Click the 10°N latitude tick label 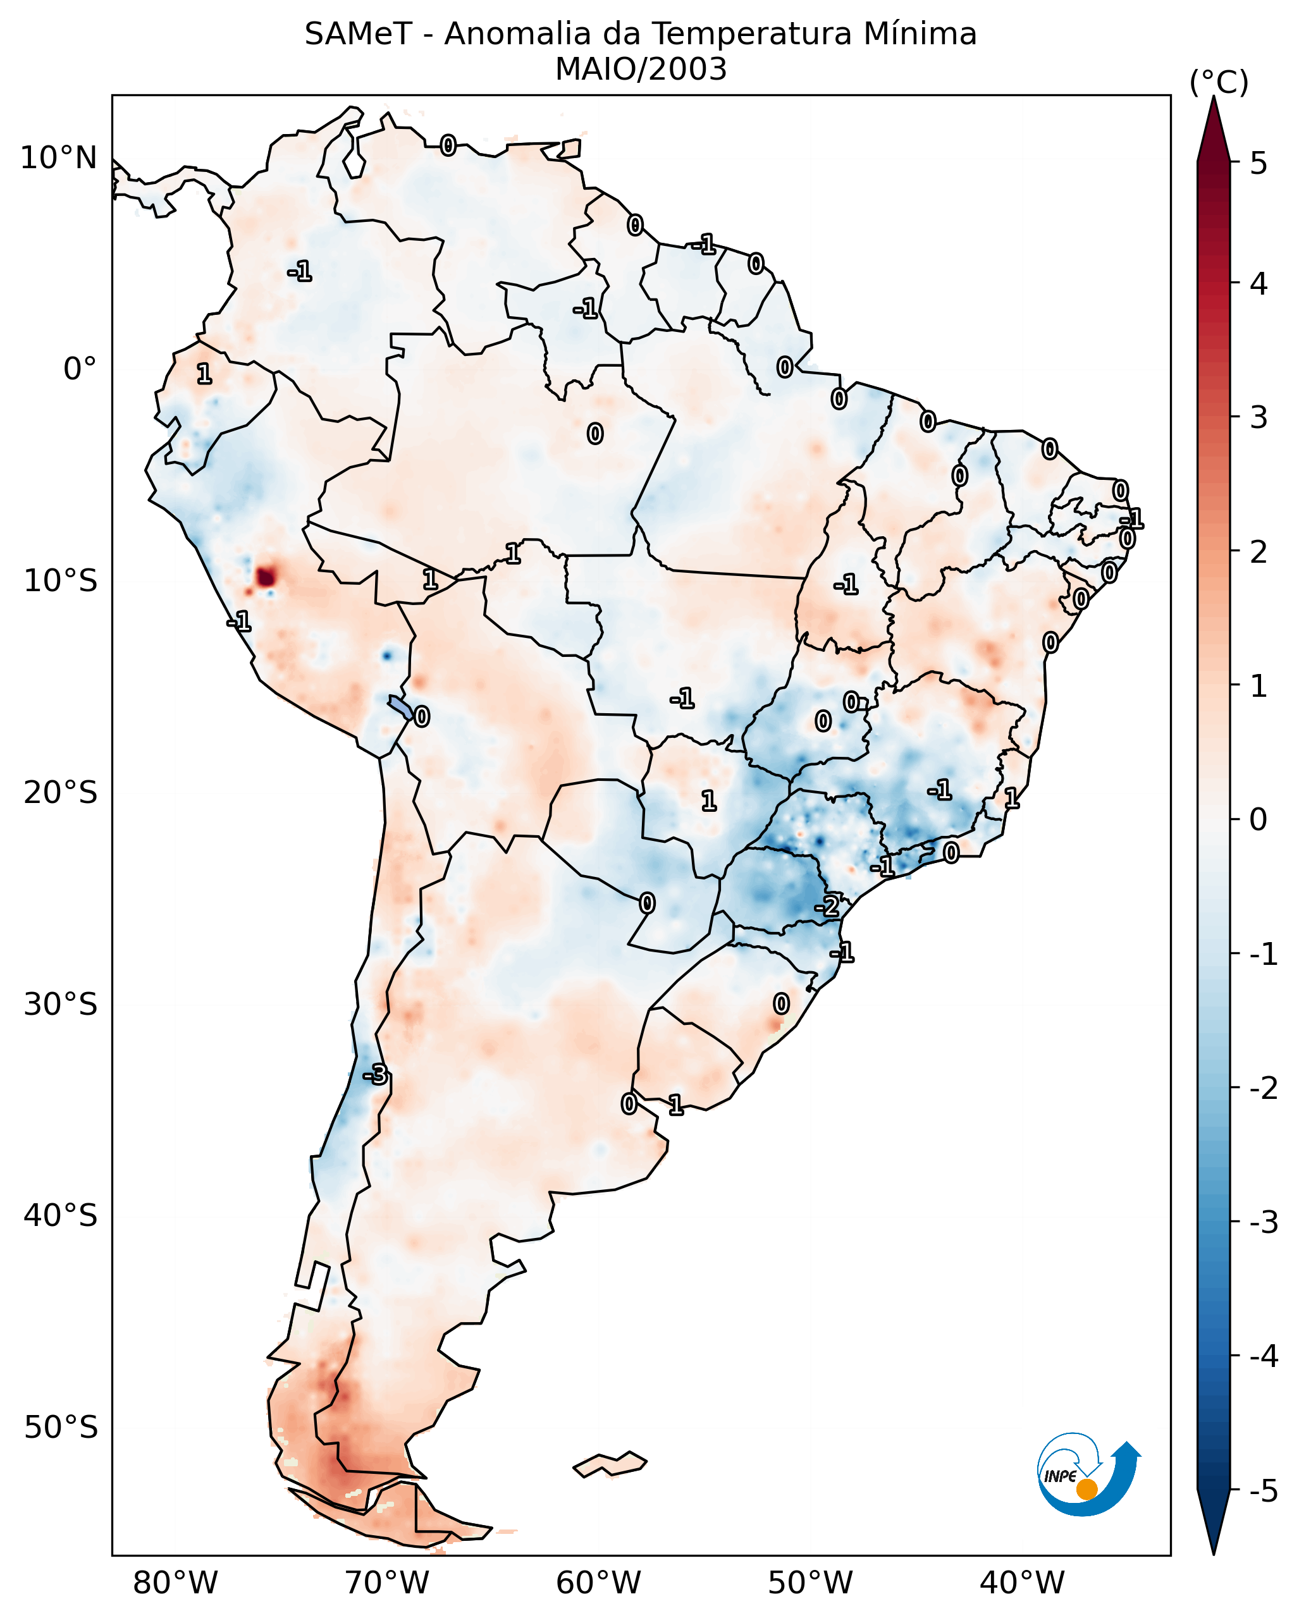click(x=59, y=158)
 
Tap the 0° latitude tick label click(x=80, y=369)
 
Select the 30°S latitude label click(x=60, y=1004)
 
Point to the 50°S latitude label click(x=60, y=1428)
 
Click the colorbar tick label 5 click(x=1259, y=163)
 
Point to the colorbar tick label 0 click(x=1259, y=819)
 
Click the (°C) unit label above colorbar click(x=1219, y=83)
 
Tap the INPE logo click(x=1088, y=1477)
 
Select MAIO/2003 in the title click(x=641, y=70)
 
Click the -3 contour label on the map click(x=376, y=1076)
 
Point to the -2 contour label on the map click(x=827, y=907)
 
